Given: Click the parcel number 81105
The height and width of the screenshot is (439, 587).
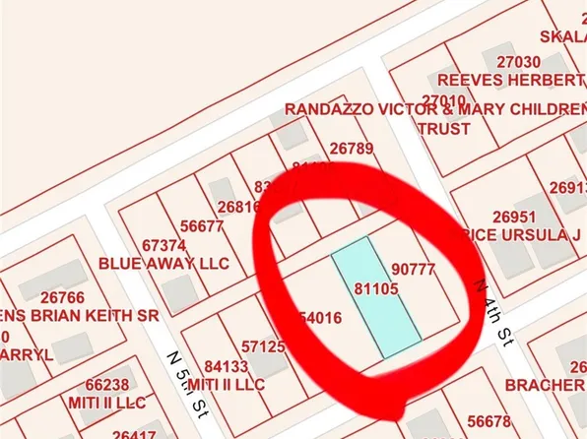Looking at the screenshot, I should (x=375, y=288).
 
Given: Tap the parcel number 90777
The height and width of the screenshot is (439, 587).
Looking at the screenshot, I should (x=413, y=268).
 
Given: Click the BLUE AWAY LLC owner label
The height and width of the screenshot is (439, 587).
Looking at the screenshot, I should (x=163, y=264).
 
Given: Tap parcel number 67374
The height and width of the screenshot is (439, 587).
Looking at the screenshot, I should (x=163, y=245).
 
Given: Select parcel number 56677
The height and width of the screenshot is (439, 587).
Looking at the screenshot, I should (x=204, y=225).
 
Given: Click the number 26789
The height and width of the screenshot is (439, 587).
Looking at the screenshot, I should (x=352, y=149).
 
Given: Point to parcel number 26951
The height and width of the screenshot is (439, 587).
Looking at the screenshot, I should (x=513, y=217).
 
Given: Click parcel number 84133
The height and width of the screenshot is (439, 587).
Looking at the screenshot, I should (x=227, y=366).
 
